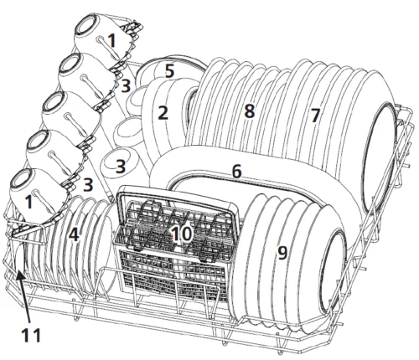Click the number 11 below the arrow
(x=31, y=335)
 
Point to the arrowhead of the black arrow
(x=18, y=275)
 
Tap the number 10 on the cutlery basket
(x=182, y=234)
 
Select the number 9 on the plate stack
(x=282, y=253)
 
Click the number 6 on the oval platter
(x=236, y=171)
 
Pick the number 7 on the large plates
(x=315, y=116)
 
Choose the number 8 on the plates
(x=250, y=111)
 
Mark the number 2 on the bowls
(x=163, y=113)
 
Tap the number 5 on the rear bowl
(x=169, y=70)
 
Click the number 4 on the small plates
(x=74, y=234)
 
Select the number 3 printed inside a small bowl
(x=121, y=167)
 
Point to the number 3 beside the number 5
(x=126, y=85)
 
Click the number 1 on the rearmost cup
(x=111, y=40)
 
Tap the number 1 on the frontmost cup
(x=28, y=202)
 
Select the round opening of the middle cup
(x=52, y=102)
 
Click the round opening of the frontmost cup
(x=20, y=179)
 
